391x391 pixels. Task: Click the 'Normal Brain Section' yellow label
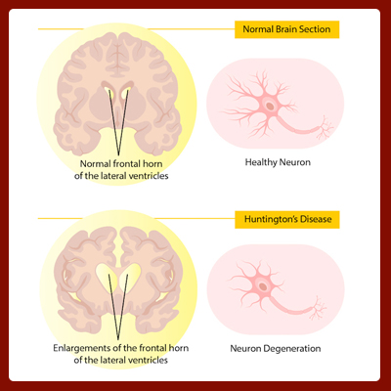(287, 29)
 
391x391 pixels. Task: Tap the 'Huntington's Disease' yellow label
(287, 219)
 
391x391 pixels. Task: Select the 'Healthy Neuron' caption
(278, 162)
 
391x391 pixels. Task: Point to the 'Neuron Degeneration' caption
(276, 349)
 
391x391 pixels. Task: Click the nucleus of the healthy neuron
(270, 106)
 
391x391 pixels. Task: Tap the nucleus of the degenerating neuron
(263, 287)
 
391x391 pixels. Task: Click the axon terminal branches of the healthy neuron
(325, 128)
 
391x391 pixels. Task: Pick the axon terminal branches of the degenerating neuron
(318, 308)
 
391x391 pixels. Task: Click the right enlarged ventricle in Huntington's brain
(130, 277)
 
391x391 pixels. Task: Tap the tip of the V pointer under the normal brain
(118, 155)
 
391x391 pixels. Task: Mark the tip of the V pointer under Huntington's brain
(118, 339)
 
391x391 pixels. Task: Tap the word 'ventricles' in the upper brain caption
(149, 176)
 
